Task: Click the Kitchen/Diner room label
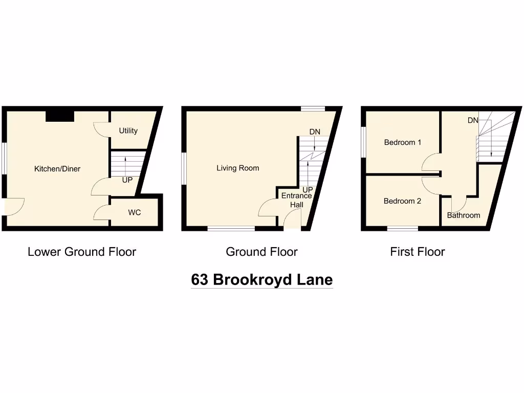[57, 169]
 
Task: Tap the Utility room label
[128, 130]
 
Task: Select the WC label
[135, 212]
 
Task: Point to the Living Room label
[237, 168]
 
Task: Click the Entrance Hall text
[297, 200]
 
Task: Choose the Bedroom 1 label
[403, 142]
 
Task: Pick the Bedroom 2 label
[402, 201]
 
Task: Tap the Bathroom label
[464, 215]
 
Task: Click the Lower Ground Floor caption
[82, 252]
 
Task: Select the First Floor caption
[418, 252]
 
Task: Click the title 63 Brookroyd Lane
[262, 280]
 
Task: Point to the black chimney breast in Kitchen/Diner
[60, 116]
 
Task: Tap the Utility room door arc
[101, 130]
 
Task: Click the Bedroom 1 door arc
[431, 163]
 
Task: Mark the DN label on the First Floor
[473, 120]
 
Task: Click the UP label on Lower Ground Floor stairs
[127, 180]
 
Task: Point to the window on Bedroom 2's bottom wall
[403, 228]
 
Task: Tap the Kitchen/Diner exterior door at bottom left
[13, 206]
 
